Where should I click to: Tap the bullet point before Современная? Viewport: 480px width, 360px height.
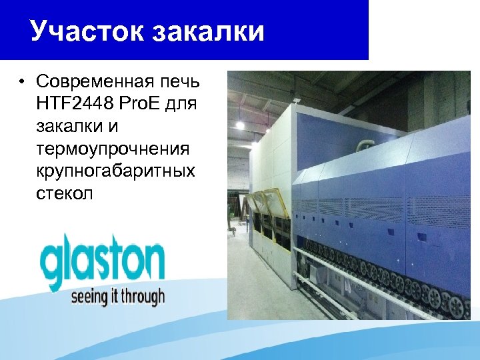coord(22,83)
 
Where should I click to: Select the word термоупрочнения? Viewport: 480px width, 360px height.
coord(114,149)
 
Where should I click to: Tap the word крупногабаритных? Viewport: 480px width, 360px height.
coord(116,171)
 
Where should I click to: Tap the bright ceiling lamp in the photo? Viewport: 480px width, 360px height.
coord(240,125)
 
